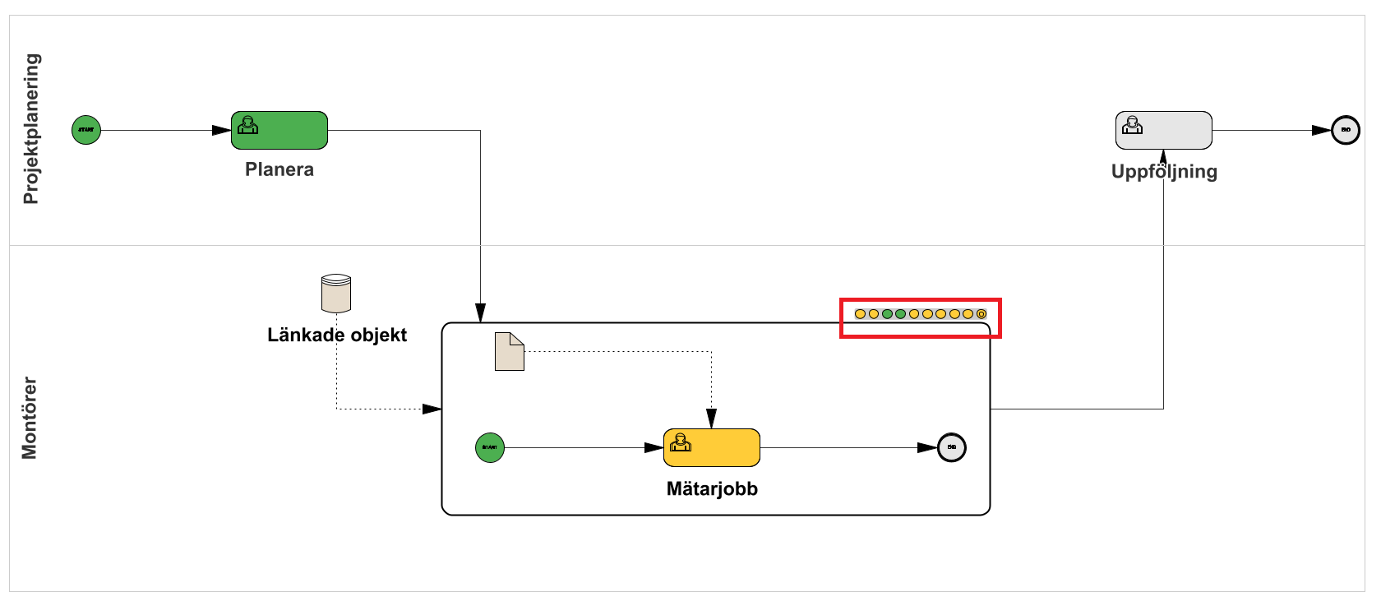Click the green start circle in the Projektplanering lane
(x=86, y=130)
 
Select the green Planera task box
(x=279, y=131)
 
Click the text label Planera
(x=279, y=169)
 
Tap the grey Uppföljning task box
(x=1163, y=130)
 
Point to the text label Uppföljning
(x=1164, y=171)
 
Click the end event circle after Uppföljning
(x=1346, y=130)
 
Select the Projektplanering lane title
(x=31, y=128)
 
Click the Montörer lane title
(x=30, y=418)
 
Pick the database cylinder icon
(x=335, y=294)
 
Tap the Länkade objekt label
(x=337, y=335)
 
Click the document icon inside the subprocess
(x=509, y=351)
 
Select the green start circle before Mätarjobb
(x=490, y=448)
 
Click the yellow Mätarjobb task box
(x=712, y=448)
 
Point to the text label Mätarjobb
(x=712, y=488)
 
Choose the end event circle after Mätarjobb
(x=952, y=448)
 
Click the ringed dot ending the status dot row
(x=981, y=314)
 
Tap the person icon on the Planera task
(x=247, y=125)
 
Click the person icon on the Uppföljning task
(x=1133, y=125)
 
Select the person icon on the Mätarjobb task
(x=681, y=442)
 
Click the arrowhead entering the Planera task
(x=222, y=130)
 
